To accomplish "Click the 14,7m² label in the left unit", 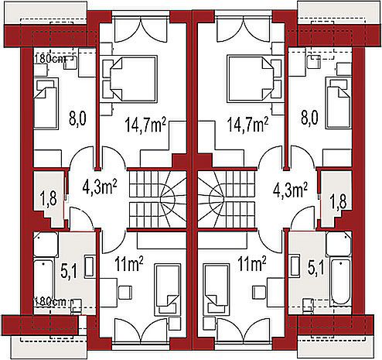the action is [145, 125].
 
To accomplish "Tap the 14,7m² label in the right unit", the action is [247, 125].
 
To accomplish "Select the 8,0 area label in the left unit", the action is [77, 119].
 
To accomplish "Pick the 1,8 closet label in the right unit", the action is [338, 202].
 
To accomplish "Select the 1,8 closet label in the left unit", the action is [49, 199].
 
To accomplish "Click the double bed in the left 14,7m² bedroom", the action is [130, 78].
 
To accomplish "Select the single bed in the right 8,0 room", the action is [339, 102].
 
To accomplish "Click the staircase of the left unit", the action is [157, 199].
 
